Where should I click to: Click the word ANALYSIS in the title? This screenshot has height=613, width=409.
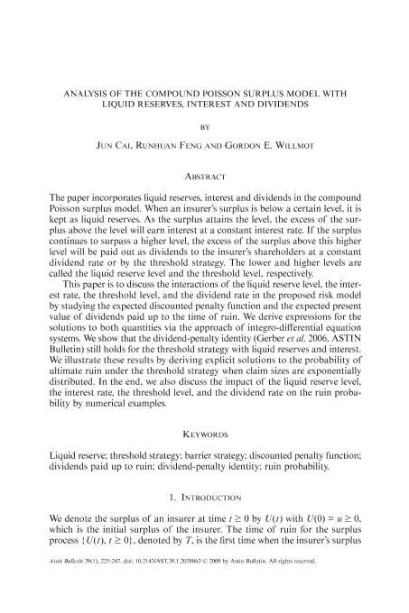coord(81,93)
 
